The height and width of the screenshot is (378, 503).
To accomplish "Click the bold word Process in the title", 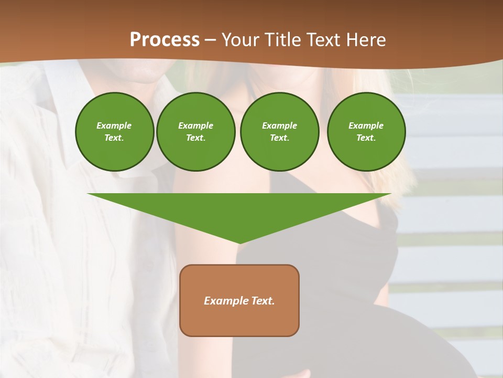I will (x=165, y=40).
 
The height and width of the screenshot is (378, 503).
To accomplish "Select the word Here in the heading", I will (x=366, y=40).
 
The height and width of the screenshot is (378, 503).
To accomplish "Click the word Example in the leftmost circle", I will (x=114, y=125).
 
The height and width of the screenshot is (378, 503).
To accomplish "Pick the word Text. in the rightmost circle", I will (x=366, y=138).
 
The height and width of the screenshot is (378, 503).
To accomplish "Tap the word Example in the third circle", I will (x=279, y=125).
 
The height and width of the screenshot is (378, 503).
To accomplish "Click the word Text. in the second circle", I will (x=195, y=138).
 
